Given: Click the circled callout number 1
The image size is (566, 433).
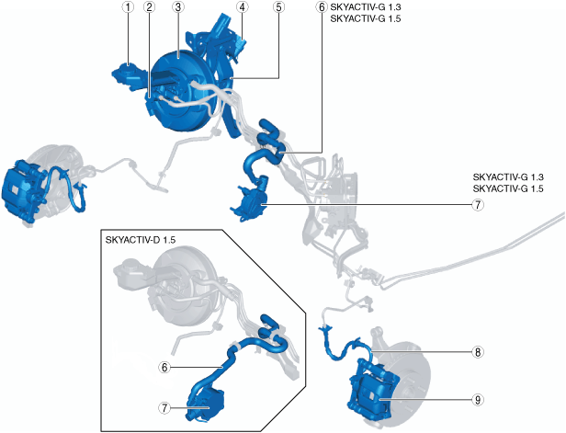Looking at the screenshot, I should click(129, 7).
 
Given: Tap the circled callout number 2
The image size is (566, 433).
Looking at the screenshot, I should click(149, 7).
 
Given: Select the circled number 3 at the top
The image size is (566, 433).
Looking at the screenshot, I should click(177, 7).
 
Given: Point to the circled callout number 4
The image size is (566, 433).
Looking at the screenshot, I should click(242, 7).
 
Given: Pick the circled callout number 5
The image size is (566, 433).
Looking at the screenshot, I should click(278, 7).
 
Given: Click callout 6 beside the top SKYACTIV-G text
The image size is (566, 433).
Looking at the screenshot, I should click(321, 7).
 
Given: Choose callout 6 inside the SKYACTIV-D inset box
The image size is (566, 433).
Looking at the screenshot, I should click(164, 367).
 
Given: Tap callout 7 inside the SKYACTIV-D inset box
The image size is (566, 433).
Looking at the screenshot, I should click(164, 408).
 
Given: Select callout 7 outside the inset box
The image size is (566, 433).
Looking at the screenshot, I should click(478, 206).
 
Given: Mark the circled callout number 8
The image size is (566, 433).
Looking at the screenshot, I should click(478, 351).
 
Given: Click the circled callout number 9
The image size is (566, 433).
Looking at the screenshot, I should click(478, 400).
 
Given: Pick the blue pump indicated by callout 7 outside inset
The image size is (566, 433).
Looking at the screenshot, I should click(250, 201).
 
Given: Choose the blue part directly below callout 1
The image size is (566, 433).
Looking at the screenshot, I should click(128, 72).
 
